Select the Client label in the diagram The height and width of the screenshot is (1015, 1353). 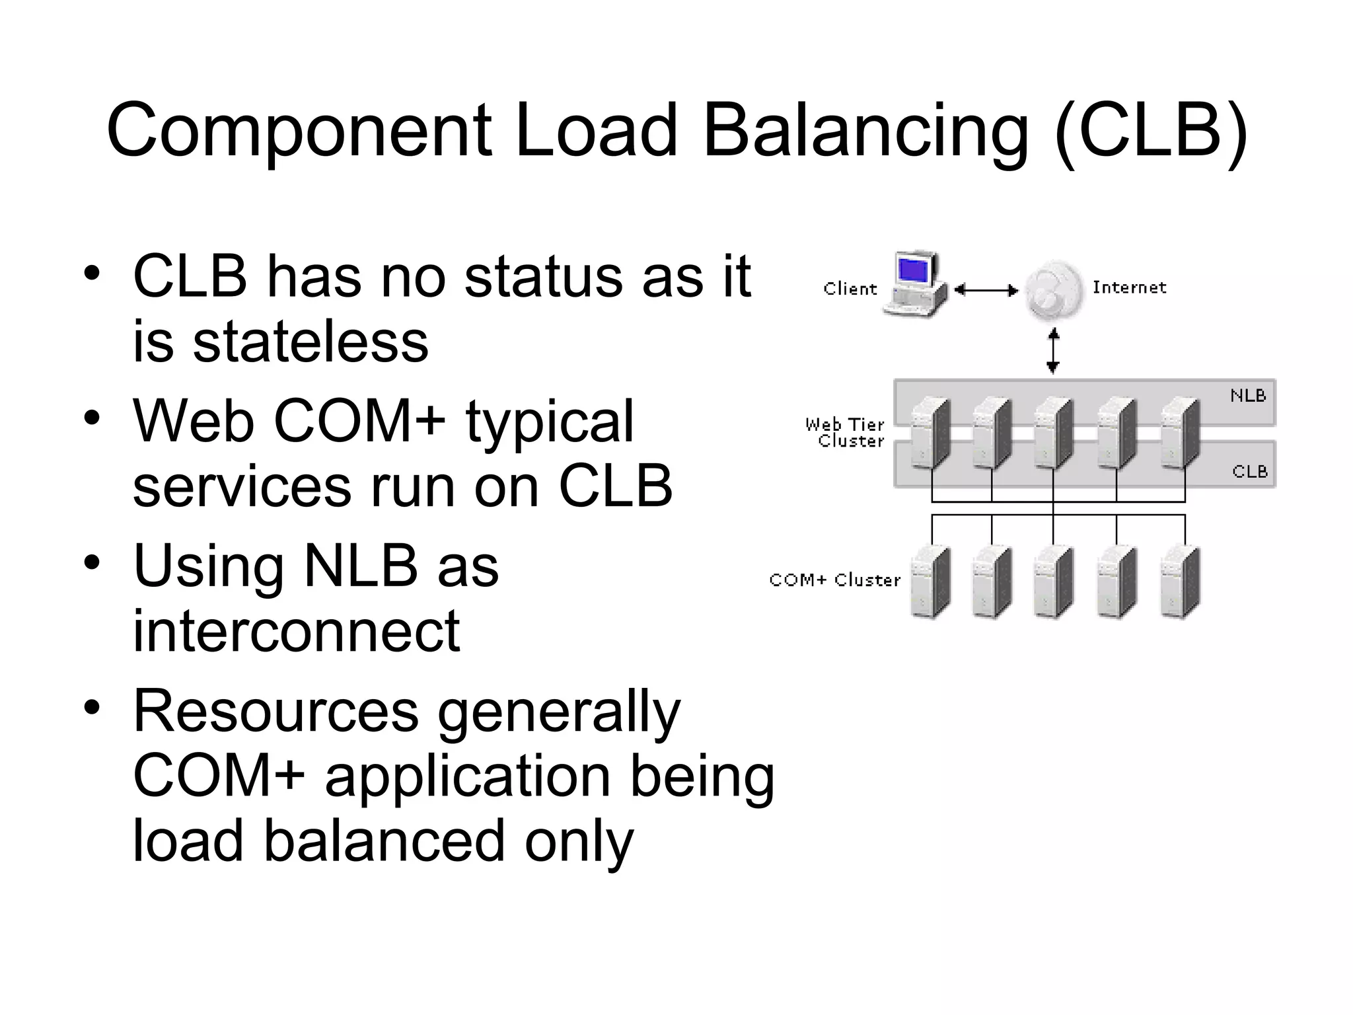tap(850, 289)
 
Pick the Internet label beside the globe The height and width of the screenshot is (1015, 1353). tap(1129, 287)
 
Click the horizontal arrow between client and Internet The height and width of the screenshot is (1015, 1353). tap(986, 290)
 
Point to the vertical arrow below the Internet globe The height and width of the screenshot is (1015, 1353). tap(1054, 352)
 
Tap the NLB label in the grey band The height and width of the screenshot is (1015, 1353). tap(1247, 396)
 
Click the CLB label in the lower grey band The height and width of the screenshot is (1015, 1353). tap(1249, 472)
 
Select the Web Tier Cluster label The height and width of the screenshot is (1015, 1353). tap(845, 433)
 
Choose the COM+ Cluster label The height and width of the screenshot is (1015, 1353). tap(835, 580)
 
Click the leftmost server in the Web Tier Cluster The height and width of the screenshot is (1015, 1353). tap(930, 433)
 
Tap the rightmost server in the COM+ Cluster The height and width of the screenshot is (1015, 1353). tap(1180, 582)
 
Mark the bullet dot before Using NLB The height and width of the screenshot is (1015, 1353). tap(92, 564)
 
